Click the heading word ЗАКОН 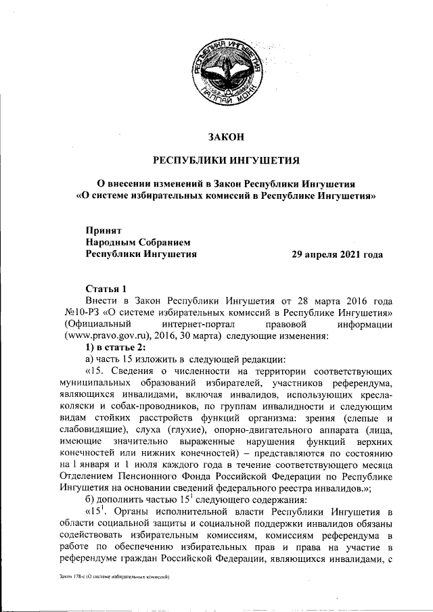tap(226, 137)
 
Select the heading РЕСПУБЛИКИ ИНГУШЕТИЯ tap(226, 161)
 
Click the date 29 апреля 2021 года tap(336, 255)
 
